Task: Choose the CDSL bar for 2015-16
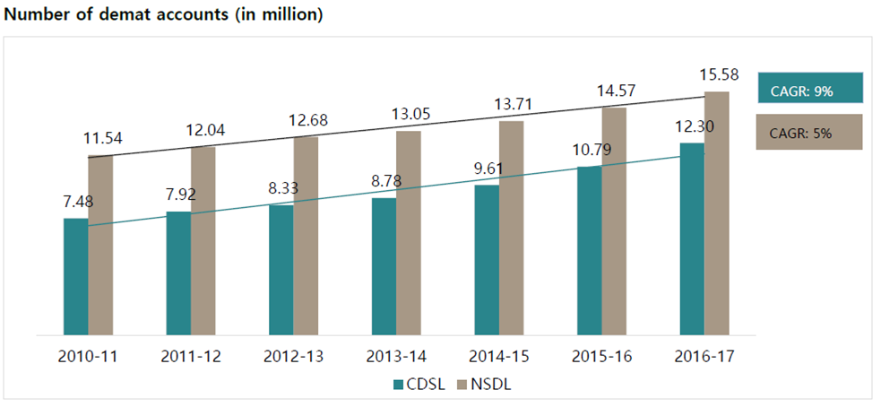(x=589, y=250)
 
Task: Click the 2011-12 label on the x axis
(x=191, y=356)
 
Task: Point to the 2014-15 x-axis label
(x=499, y=356)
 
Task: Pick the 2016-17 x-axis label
(x=704, y=356)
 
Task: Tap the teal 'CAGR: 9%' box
(x=809, y=89)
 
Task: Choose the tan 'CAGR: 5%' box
(x=809, y=132)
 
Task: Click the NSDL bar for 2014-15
(x=511, y=228)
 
